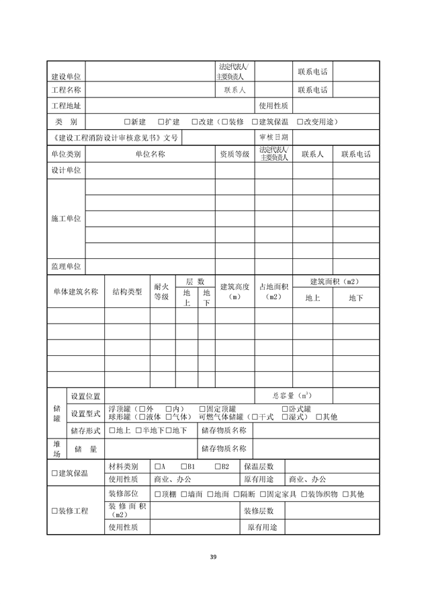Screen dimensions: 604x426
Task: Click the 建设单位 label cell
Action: (x=66, y=76)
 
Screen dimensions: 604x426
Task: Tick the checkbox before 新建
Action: (x=127, y=122)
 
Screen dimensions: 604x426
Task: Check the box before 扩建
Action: (x=161, y=122)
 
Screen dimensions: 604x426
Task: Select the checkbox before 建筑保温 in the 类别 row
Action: (x=255, y=122)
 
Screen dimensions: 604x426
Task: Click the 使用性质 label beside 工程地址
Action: (x=273, y=106)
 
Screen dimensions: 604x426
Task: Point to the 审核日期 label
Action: (x=273, y=137)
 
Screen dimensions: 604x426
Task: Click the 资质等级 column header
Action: (x=235, y=154)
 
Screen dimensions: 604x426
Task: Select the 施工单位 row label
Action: (x=66, y=219)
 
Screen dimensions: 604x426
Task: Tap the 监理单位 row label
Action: (x=66, y=266)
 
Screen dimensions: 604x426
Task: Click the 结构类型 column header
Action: (x=127, y=291)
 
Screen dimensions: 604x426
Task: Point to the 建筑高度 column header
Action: (x=235, y=291)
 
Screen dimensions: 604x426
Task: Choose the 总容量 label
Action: (x=291, y=395)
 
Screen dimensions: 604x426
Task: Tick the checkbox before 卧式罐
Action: (x=284, y=409)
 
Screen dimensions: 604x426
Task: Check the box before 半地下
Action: (x=138, y=430)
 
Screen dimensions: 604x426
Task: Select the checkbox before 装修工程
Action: (x=54, y=511)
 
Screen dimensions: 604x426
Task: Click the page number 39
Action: (x=213, y=557)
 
